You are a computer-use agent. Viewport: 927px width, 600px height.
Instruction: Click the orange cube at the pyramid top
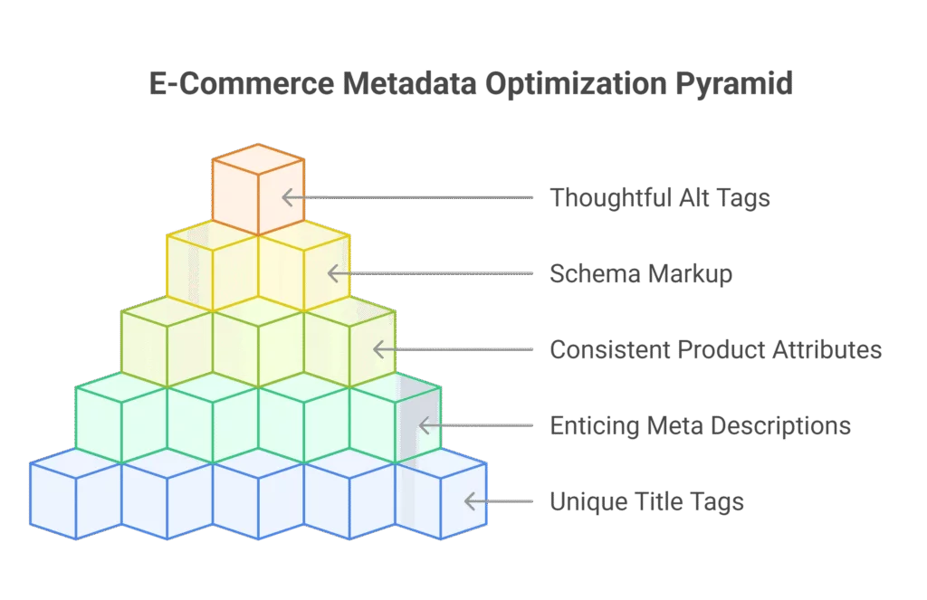258,189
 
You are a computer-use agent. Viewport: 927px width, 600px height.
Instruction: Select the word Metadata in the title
409,82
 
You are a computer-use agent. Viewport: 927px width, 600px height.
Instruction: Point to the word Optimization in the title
576,83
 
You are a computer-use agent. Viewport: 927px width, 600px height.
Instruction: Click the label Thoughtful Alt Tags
660,198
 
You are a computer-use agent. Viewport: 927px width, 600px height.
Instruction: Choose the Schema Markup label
641,273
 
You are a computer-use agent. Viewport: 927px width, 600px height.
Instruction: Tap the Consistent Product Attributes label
715,349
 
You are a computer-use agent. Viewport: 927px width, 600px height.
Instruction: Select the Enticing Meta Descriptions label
700,425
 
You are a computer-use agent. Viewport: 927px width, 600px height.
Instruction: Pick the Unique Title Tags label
646,501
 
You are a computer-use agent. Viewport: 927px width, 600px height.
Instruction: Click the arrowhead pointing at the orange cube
287,197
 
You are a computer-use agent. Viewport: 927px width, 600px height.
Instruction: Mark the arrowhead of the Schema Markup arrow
333,273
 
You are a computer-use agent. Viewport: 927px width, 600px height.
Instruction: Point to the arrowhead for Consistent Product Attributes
379,349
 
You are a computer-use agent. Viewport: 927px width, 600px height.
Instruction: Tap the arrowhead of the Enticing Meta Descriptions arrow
424,425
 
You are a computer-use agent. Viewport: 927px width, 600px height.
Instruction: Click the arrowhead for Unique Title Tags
470,501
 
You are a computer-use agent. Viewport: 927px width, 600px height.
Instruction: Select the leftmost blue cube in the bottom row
76,493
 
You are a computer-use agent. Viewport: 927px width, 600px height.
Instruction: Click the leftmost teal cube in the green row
121,417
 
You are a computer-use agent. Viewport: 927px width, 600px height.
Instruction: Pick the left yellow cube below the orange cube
212,265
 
